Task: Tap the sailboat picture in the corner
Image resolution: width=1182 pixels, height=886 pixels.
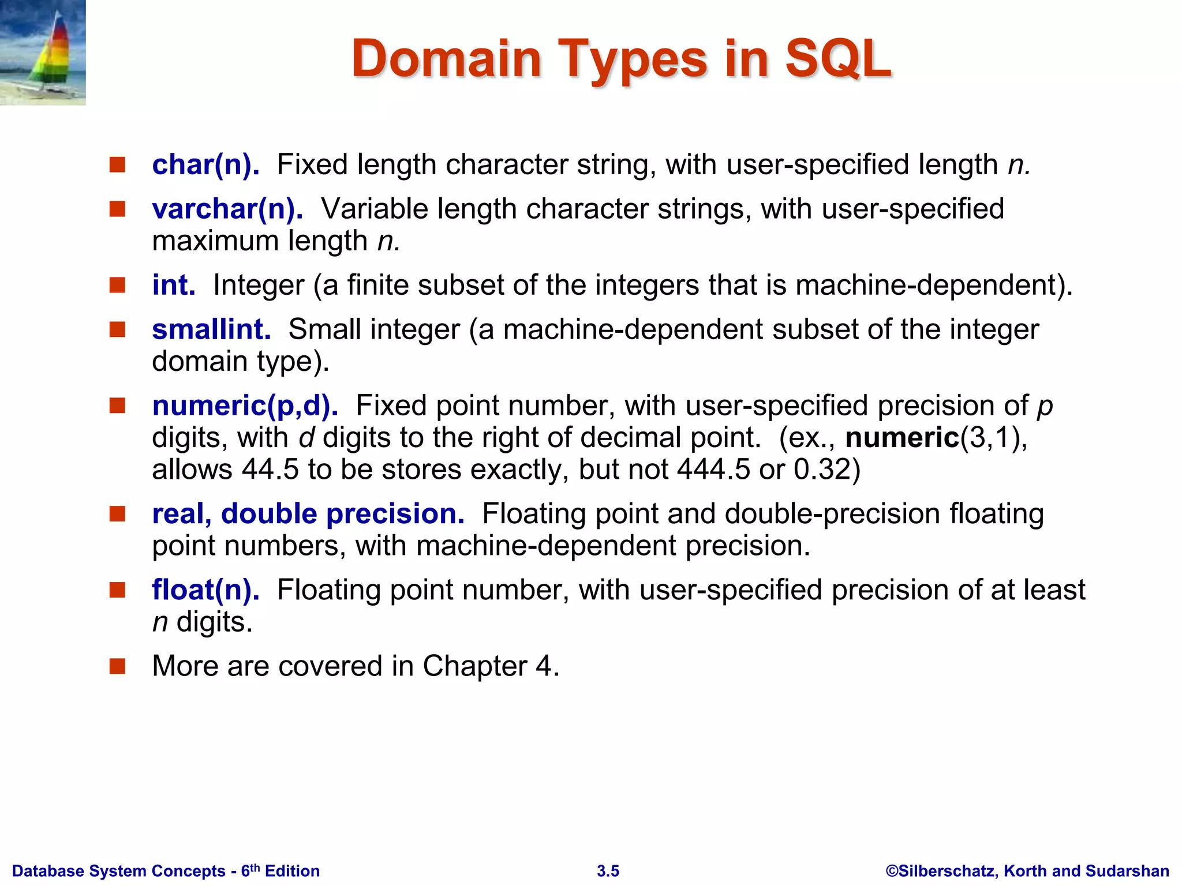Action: tap(43, 52)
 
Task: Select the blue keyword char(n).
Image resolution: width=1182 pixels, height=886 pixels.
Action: tap(205, 165)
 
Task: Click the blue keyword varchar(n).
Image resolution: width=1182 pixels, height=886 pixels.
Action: tap(227, 209)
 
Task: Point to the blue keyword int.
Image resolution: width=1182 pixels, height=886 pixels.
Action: tap(173, 286)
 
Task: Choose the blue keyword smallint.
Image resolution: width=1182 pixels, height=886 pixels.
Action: tap(211, 329)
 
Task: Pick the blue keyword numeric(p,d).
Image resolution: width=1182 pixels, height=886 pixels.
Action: tap(245, 406)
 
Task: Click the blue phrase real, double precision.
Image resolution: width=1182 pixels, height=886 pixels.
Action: tap(308, 514)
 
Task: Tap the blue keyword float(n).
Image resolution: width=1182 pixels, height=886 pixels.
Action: tap(205, 590)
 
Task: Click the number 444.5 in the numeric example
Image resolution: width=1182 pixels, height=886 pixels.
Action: tap(713, 470)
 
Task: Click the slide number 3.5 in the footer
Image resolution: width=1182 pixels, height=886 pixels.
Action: tap(608, 871)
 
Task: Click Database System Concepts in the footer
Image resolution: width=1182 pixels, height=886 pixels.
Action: tap(118, 871)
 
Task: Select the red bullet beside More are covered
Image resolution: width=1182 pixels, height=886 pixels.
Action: tap(118, 666)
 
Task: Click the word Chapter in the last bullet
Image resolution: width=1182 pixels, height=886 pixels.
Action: tap(474, 667)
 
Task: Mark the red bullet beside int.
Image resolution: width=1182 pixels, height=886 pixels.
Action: tap(118, 285)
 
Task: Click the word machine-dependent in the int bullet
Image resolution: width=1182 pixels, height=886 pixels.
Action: tap(929, 286)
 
